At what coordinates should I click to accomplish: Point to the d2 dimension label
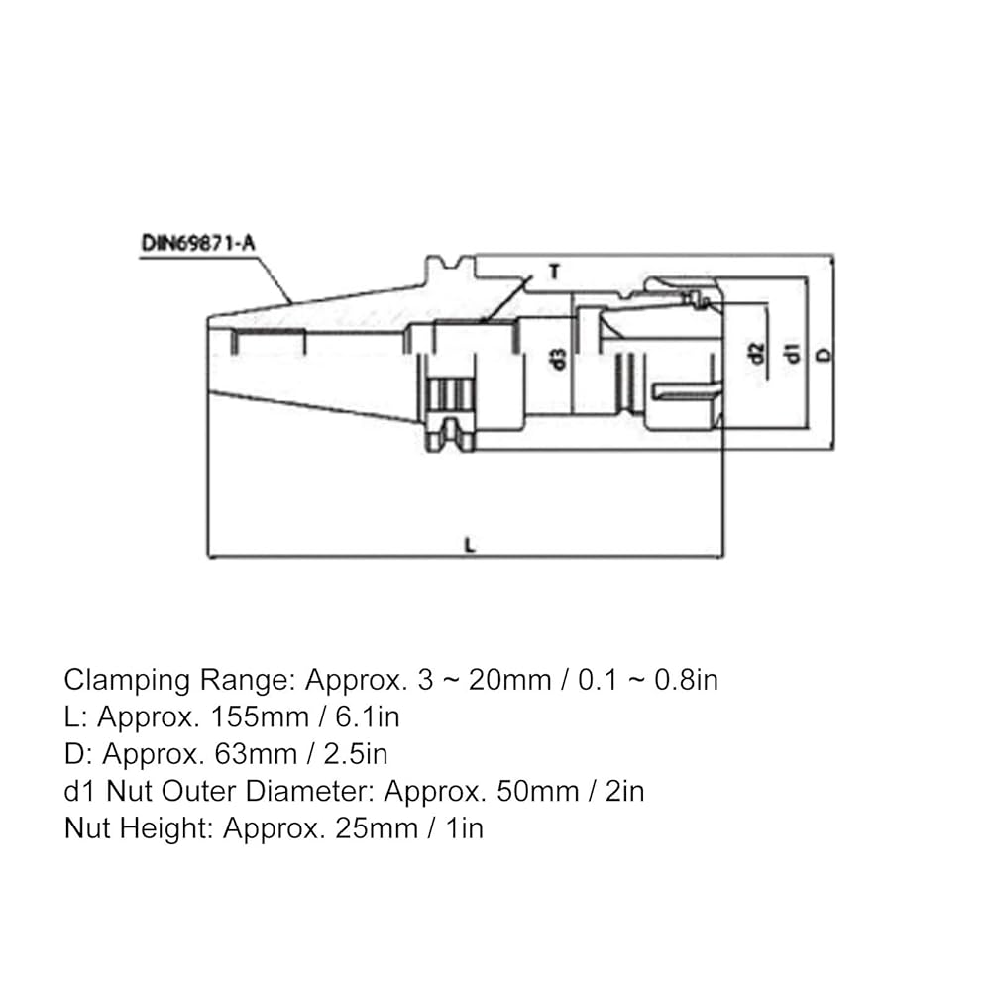(x=756, y=352)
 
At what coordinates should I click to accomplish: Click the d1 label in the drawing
(x=791, y=352)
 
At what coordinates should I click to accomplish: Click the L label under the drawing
(x=469, y=544)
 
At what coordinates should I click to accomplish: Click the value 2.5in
(x=355, y=754)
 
